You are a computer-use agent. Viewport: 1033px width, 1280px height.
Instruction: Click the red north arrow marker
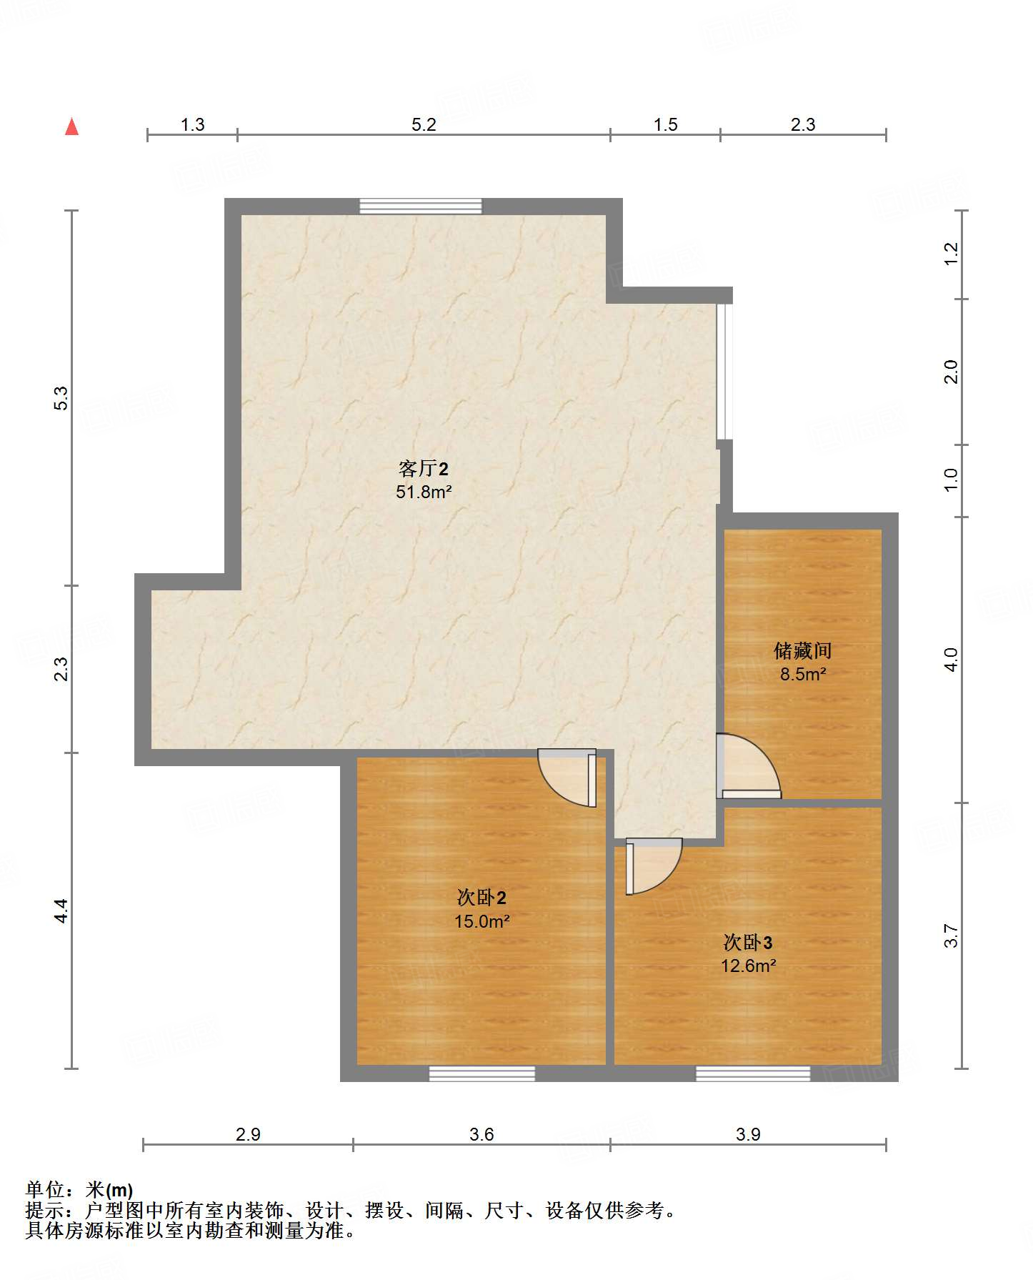[71, 127]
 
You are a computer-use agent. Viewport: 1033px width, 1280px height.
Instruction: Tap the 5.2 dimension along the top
[424, 125]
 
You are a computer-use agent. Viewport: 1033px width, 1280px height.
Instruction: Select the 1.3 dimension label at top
[192, 125]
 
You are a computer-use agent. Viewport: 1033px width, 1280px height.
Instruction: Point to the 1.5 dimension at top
[665, 125]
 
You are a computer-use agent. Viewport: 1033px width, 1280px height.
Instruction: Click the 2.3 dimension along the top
[803, 125]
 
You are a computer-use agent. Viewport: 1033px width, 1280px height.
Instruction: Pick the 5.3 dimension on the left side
[61, 397]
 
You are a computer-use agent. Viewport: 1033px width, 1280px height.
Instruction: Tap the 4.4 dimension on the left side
[61, 910]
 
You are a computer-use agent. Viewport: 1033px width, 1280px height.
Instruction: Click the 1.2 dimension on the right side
[951, 254]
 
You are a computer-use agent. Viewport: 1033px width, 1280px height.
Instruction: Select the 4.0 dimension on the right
[951, 659]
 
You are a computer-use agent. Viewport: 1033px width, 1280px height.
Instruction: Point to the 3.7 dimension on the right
[951, 936]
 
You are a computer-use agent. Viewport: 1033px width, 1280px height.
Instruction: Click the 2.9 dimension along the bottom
[248, 1134]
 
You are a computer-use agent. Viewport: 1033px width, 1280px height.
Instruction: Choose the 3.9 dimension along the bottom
[748, 1134]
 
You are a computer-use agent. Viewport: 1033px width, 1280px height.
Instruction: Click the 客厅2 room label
[424, 469]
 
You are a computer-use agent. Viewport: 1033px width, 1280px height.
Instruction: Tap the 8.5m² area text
[803, 674]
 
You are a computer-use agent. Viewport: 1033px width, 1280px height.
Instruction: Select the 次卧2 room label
[481, 898]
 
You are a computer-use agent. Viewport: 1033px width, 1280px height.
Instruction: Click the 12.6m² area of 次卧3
[748, 966]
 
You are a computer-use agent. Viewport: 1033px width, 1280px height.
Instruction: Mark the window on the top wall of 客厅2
[420, 207]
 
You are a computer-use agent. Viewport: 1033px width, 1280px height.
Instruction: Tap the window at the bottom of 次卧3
[753, 1073]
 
